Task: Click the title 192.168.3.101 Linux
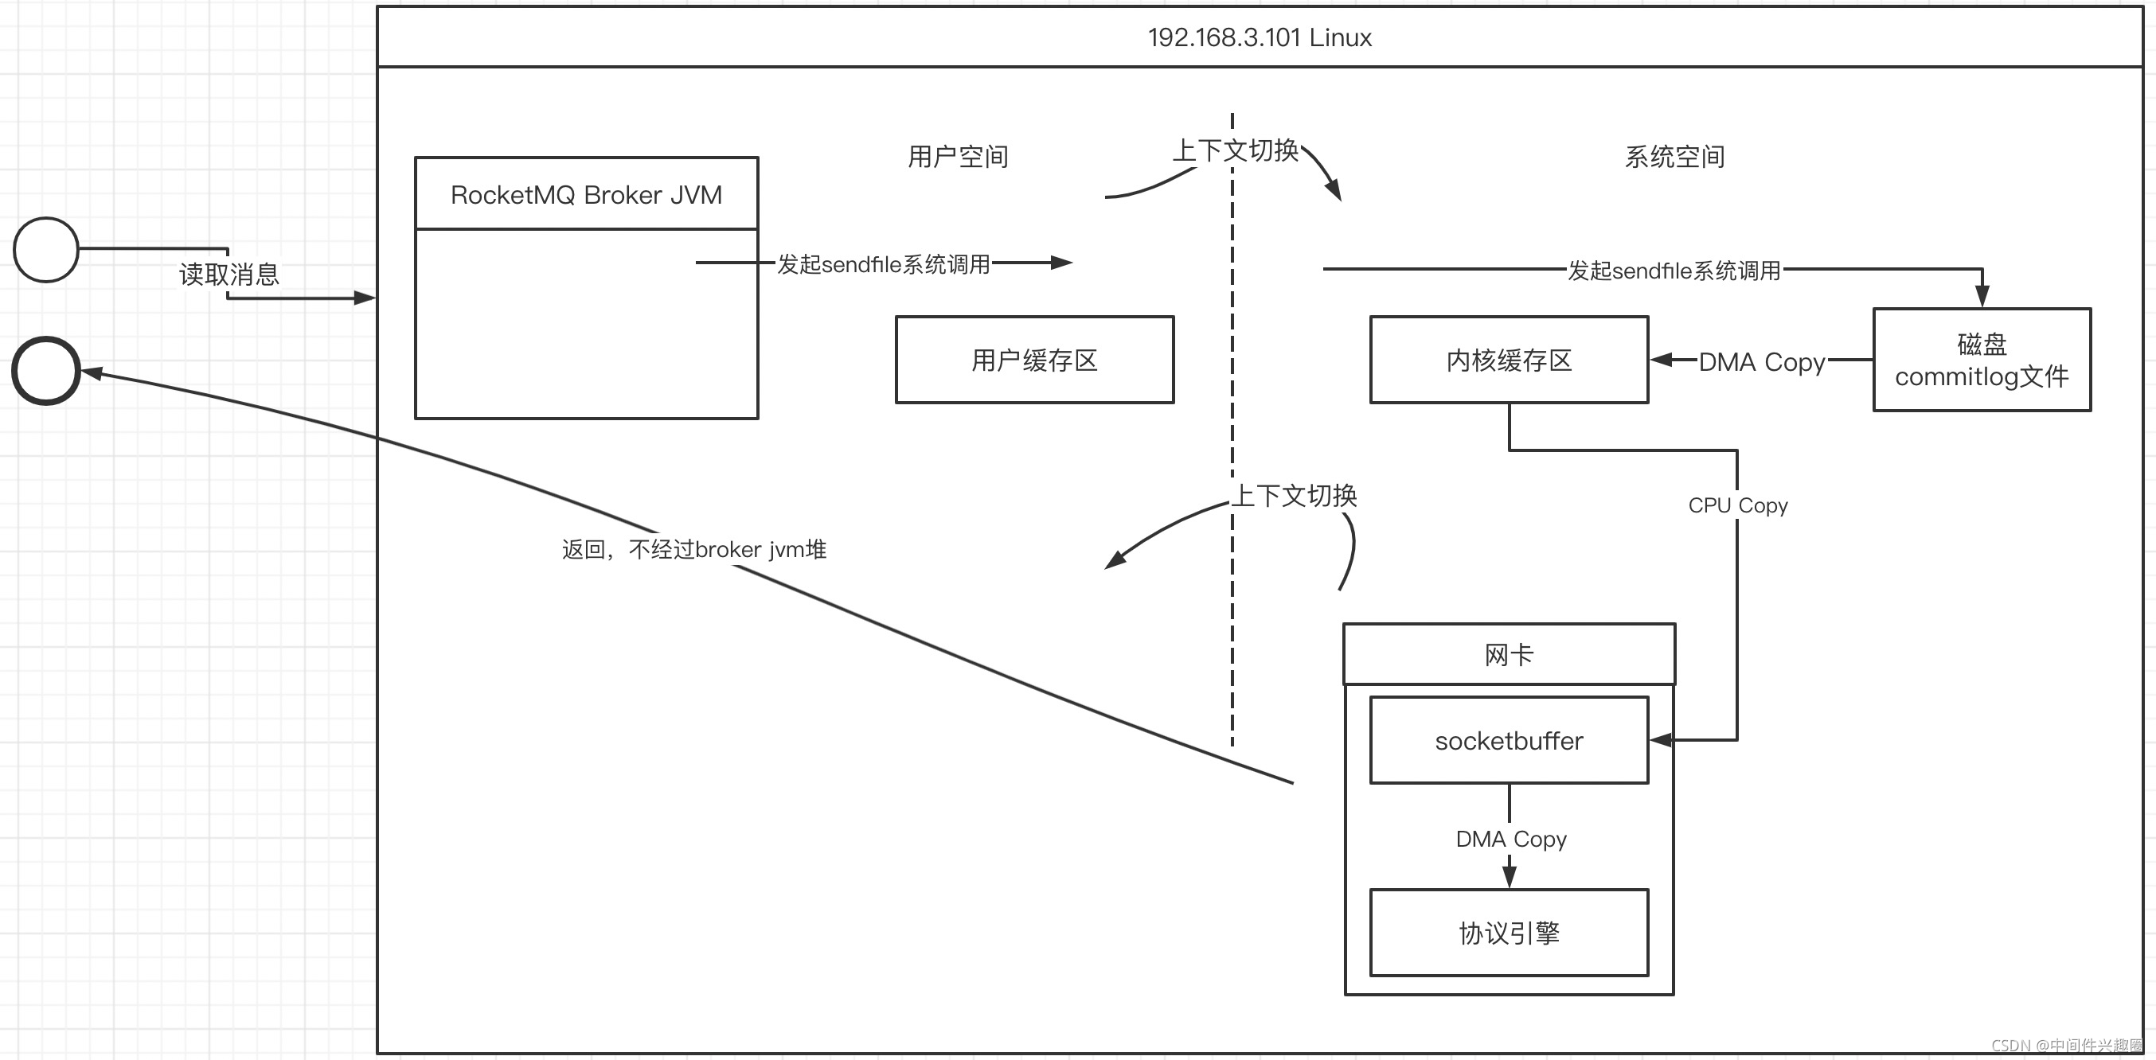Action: tap(1259, 37)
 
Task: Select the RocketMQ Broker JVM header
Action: tap(586, 195)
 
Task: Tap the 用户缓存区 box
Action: tap(1034, 360)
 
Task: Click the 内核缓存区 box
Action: tap(1508, 360)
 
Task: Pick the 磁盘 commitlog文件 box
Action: tap(1981, 360)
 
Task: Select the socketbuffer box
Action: tap(1508, 740)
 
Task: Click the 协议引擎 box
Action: tap(1508, 933)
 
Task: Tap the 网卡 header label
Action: tap(1508, 654)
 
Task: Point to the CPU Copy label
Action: tap(1737, 505)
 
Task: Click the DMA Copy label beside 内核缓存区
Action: tap(1761, 362)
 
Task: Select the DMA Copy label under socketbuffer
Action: tap(1510, 838)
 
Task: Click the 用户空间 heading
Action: tap(958, 157)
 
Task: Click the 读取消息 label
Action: tap(228, 274)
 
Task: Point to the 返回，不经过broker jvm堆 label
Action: tap(693, 550)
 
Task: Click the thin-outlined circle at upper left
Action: tap(46, 249)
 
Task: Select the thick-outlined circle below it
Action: tap(46, 371)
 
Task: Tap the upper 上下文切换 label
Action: tap(1235, 150)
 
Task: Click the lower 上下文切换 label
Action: tap(1294, 495)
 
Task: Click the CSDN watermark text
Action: tap(2065, 1045)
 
